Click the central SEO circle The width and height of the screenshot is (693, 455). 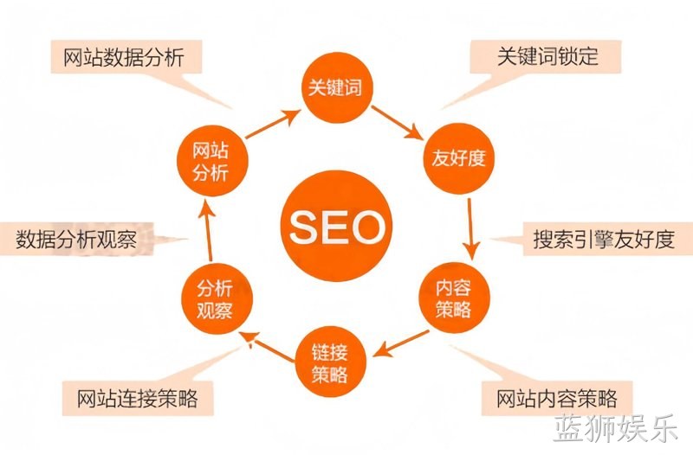tap(337, 226)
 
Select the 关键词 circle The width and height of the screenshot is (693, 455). tap(337, 87)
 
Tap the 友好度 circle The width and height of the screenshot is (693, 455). tap(459, 158)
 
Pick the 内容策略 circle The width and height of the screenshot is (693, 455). tap(454, 298)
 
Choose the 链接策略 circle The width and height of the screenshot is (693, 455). tap(331, 362)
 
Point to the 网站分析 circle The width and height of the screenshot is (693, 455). tap(212, 161)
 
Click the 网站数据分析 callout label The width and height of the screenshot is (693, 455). tap(126, 57)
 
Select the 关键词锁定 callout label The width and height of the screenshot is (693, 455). tap(546, 56)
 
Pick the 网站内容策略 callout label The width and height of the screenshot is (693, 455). tap(557, 399)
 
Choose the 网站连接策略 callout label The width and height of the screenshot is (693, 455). tap(138, 399)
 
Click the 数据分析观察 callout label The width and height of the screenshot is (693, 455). tap(76, 239)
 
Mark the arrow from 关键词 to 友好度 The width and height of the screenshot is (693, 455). tap(397, 123)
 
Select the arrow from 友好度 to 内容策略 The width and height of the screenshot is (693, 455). tap(471, 229)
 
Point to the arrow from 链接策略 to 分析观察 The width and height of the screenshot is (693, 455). tap(267, 347)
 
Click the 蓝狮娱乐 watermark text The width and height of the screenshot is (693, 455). tap(615, 427)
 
